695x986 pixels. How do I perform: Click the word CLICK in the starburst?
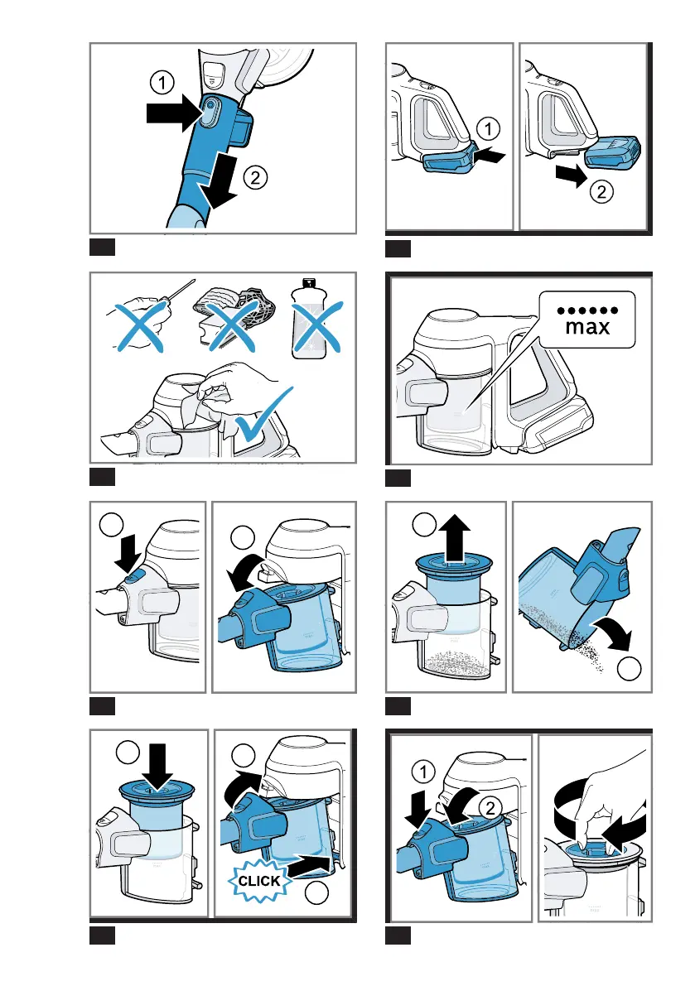(x=259, y=881)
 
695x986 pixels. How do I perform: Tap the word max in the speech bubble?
(x=587, y=327)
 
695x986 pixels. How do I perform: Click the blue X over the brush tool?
(x=231, y=325)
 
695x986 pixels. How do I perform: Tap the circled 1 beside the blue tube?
(x=162, y=83)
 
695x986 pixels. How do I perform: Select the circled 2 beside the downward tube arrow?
(x=255, y=178)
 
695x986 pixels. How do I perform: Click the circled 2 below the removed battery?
(x=601, y=191)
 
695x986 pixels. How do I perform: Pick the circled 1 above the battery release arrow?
(x=488, y=129)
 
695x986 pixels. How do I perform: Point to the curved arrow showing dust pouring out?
(x=613, y=632)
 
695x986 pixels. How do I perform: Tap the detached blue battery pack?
(x=613, y=153)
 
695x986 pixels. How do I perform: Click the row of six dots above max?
(x=587, y=310)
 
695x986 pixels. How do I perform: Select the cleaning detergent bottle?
(x=309, y=319)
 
